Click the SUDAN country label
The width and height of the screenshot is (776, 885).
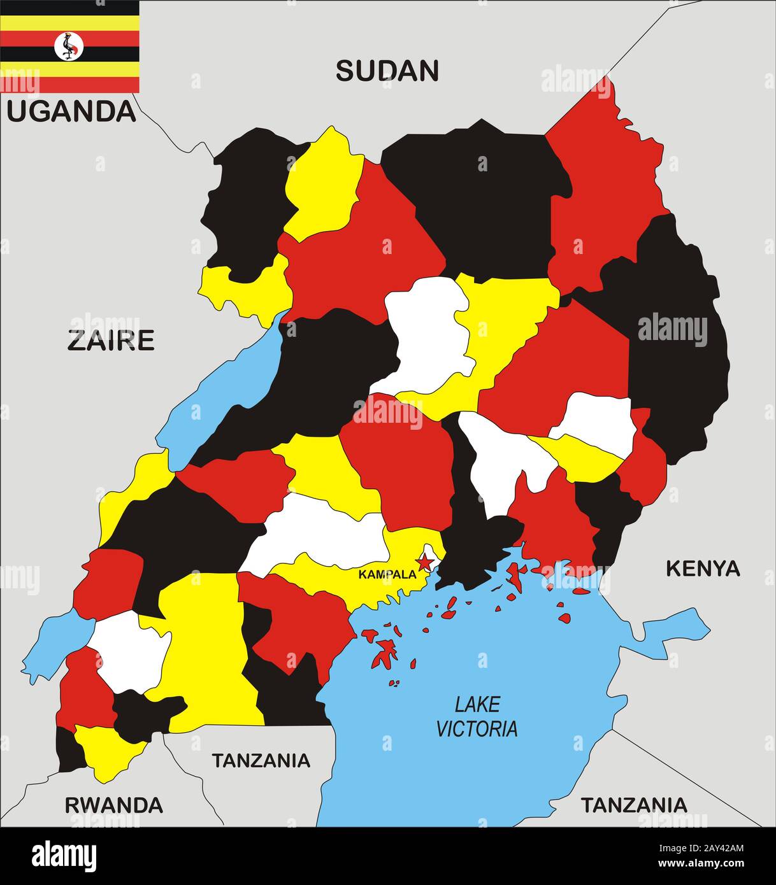[x=387, y=71]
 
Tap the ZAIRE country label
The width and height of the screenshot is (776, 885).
[x=111, y=341]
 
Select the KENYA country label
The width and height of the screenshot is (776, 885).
[x=703, y=569]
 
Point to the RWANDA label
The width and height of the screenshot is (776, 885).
[x=114, y=805]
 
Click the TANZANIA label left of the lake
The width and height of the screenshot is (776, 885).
[x=261, y=760]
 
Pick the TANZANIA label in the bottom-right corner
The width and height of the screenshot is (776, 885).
[x=634, y=805]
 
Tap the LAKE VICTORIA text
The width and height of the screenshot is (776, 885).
[x=477, y=716]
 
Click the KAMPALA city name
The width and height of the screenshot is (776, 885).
[x=387, y=574]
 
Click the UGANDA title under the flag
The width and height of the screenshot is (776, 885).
[x=71, y=111]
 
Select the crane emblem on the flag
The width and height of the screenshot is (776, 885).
[x=69, y=46]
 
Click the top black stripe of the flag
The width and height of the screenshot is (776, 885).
[x=69, y=8]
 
